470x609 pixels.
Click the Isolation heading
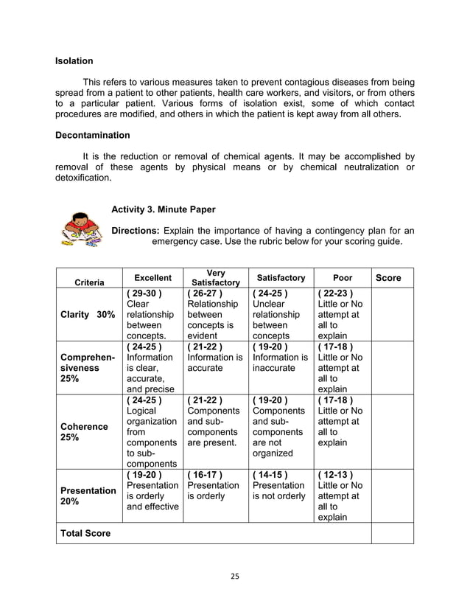click(74, 60)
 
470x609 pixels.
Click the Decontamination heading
click(93, 136)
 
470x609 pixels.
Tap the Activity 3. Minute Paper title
click(163, 209)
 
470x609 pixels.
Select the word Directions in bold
click(135, 230)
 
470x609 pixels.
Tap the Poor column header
click(343, 278)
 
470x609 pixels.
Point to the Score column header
click(388, 278)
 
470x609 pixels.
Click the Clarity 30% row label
click(88, 314)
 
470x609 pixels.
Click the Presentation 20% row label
click(87, 495)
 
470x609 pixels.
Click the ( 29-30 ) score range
click(144, 293)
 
